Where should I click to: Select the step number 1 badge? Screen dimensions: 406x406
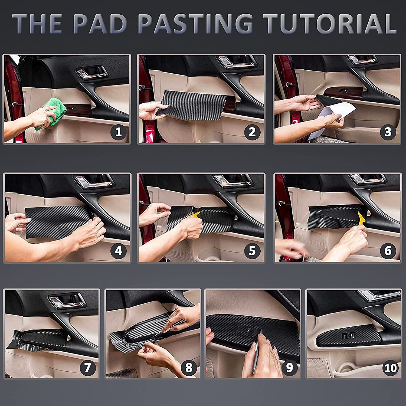(x=118, y=132)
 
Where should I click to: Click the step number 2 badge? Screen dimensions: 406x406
(x=252, y=132)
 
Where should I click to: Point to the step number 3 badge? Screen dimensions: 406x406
(x=388, y=132)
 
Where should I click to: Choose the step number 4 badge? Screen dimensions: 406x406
(x=118, y=251)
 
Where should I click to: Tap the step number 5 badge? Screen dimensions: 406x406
(x=252, y=251)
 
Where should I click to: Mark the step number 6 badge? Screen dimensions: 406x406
(x=388, y=251)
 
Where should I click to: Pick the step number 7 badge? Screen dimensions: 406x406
(x=87, y=368)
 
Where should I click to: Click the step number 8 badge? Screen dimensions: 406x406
(x=189, y=368)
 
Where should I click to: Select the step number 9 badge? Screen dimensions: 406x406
(x=289, y=368)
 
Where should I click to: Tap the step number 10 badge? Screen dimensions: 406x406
(x=391, y=368)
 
